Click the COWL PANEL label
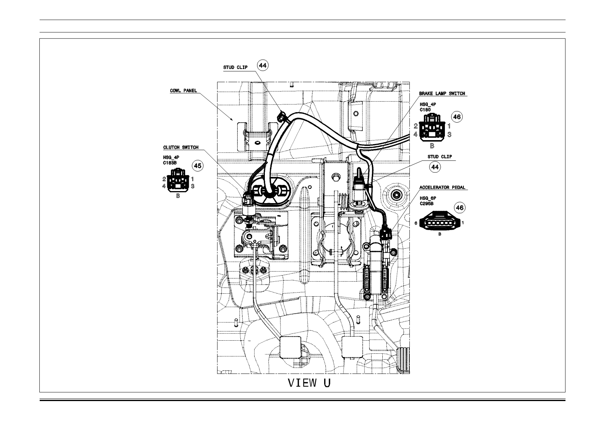[x=183, y=91]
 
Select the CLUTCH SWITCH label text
[x=181, y=147]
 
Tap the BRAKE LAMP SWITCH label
[x=442, y=94]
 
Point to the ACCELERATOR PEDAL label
[x=442, y=187]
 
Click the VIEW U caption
[x=309, y=383]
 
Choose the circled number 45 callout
[x=198, y=166]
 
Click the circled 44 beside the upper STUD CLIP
[x=263, y=66]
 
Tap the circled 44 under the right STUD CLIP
[x=435, y=167]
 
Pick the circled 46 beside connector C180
[x=457, y=117]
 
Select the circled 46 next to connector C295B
[x=460, y=207]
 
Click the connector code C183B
[x=170, y=163]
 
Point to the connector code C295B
[x=427, y=204]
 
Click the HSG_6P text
[x=428, y=198]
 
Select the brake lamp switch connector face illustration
[x=432, y=127]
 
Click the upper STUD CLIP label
[x=235, y=67]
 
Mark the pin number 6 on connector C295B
[x=416, y=223]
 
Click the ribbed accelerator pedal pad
[x=403, y=360]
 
